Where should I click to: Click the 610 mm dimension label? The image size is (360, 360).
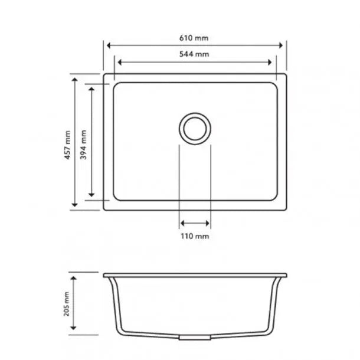click(195, 38)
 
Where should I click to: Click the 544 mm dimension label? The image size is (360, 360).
click(195, 54)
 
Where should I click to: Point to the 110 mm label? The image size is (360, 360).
click(195, 236)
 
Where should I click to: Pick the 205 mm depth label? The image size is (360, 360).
click(68, 305)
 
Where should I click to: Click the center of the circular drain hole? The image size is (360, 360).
click(194, 127)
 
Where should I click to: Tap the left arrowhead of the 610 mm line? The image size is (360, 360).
click(108, 45)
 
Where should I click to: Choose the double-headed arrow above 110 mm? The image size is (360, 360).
click(195, 223)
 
